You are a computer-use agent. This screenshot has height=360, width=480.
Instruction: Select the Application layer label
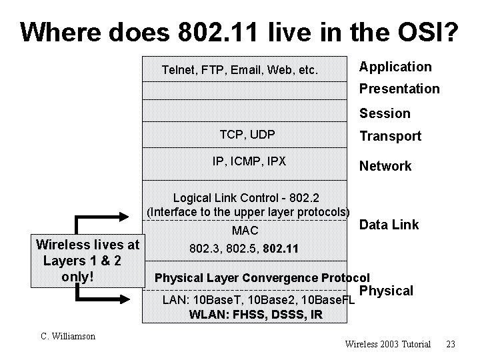click(395, 67)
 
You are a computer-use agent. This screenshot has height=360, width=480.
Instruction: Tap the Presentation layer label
click(399, 89)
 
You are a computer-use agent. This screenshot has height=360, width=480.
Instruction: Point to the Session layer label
click(385, 113)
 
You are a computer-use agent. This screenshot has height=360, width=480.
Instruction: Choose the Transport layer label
click(391, 136)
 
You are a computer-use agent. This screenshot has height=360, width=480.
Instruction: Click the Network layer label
click(386, 166)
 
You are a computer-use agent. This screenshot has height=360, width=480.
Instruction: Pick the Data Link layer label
click(389, 225)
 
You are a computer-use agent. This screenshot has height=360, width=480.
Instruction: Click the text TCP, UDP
click(247, 135)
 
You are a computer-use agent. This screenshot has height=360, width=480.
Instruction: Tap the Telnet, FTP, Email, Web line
click(240, 69)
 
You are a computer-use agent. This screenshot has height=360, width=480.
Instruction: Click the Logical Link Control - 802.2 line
click(247, 197)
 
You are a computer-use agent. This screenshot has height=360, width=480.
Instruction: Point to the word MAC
click(244, 231)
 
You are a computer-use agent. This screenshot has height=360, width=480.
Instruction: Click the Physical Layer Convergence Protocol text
click(261, 278)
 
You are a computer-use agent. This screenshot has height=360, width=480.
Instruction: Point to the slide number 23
click(451, 345)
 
